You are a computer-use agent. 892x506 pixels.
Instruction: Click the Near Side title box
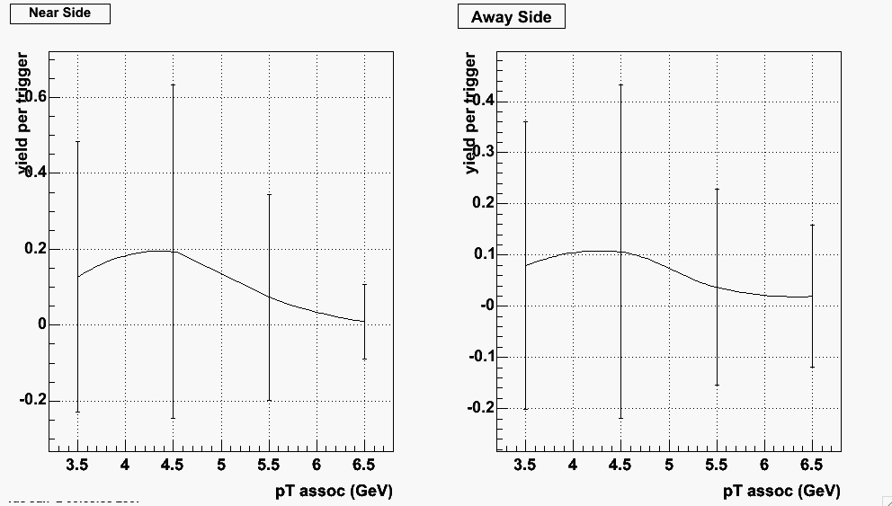pyautogui.click(x=60, y=13)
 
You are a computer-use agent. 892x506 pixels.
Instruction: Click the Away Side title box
pyautogui.click(x=511, y=17)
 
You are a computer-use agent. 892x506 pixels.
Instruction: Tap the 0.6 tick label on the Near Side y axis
pyautogui.click(x=36, y=97)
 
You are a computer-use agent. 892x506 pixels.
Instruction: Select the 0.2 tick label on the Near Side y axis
pyautogui.click(x=36, y=249)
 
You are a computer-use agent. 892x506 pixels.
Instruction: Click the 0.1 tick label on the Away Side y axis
pyautogui.click(x=484, y=254)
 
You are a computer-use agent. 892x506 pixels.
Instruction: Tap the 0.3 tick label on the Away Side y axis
pyautogui.click(x=484, y=152)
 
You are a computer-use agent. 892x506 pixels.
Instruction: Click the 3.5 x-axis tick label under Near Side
pyautogui.click(x=77, y=465)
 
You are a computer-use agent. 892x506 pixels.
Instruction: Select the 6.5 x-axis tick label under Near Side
pyautogui.click(x=364, y=465)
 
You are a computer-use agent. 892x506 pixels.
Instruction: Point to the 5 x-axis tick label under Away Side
pyautogui.click(x=668, y=465)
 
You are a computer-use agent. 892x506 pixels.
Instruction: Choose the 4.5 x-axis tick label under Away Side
pyautogui.click(x=620, y=465)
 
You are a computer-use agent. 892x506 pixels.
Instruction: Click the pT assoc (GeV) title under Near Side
pyautogui.click(x=334, y=491)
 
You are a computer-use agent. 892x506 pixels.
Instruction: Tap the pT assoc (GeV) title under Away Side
pyautogui.click(x=781, y=491)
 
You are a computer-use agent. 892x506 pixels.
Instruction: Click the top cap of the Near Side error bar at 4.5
pyautogui.click(x=173, y=84)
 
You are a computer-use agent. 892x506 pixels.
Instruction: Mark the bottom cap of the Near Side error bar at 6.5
pyautogui.click(x=364, y=360)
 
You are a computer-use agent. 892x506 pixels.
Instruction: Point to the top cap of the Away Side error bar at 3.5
pyautogui.click(x=525, y=121)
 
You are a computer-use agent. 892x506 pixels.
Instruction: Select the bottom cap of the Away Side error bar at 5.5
pyautogui.click(x=717, y=386)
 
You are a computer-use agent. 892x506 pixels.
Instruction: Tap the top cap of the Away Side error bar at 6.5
pyautogui.click(x=812, y=225)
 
